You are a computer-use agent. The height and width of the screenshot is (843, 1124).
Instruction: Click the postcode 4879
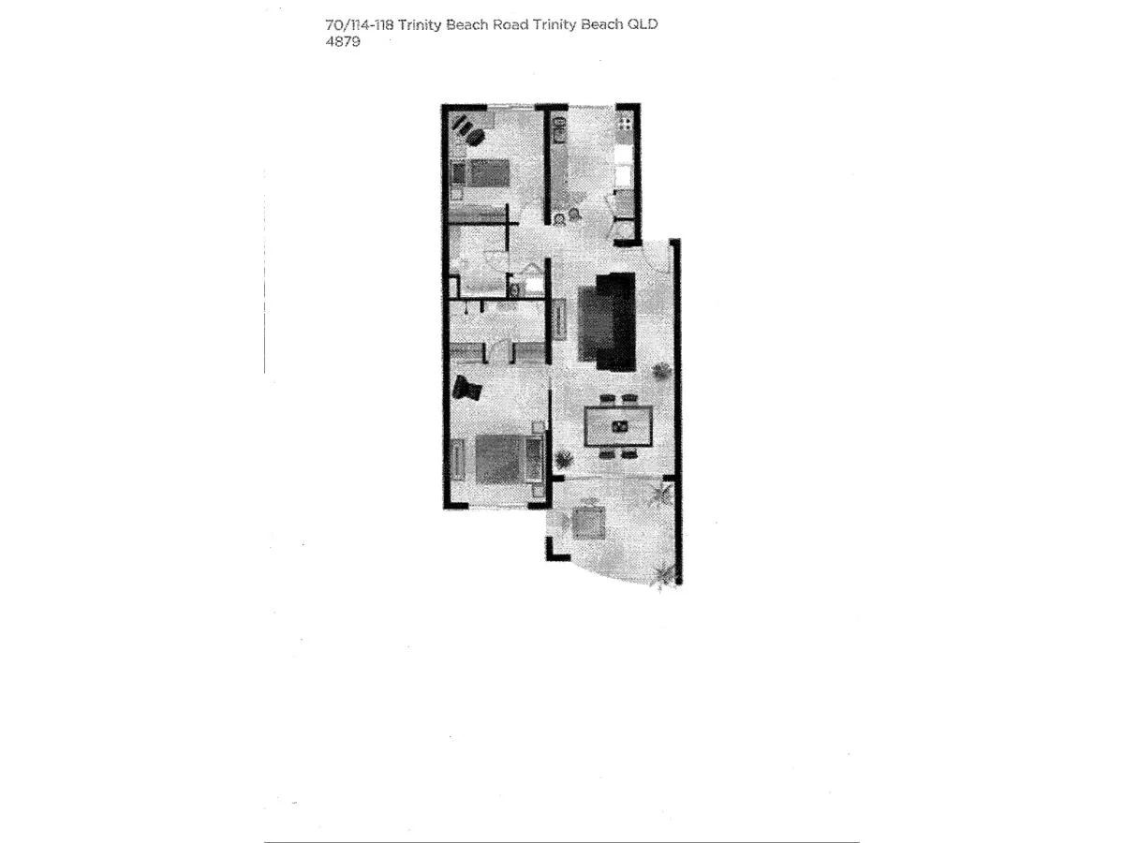(341, 41)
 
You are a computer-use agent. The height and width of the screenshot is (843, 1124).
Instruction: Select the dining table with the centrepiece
(617, 427)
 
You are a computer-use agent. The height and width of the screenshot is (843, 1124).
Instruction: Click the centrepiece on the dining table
(618, 427)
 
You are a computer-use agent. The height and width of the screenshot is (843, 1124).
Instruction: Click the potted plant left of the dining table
(564, 459)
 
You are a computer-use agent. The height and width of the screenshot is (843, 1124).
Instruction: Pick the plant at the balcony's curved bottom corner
(663, 573)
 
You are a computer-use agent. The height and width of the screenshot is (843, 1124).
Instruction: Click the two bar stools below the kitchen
(568, 218)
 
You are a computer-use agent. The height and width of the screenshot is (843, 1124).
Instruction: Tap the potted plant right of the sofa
(661, 372)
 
